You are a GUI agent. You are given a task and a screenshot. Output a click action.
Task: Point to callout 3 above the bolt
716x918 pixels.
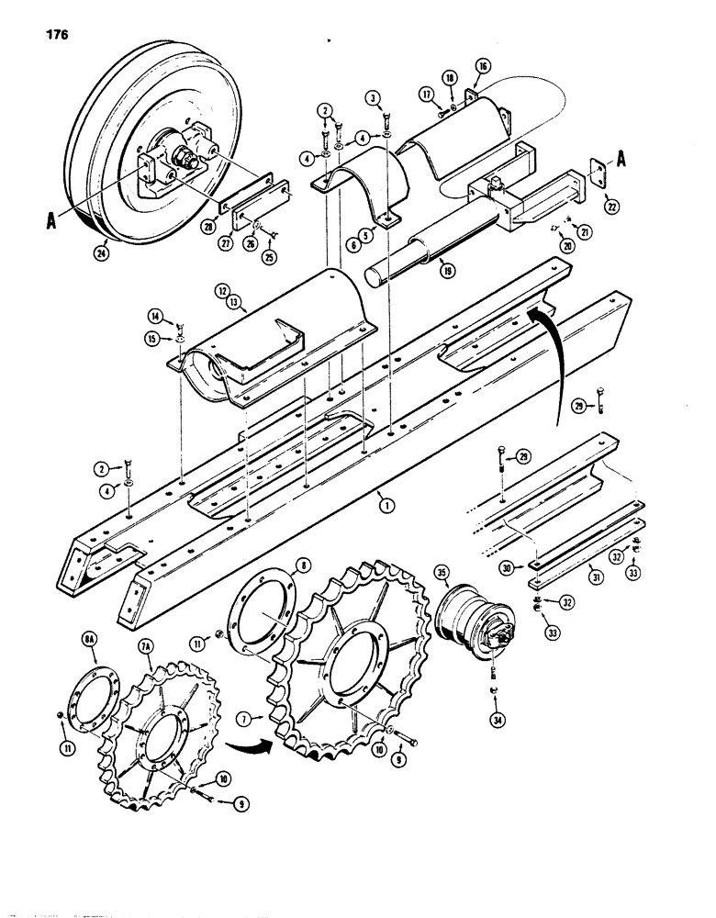[374, 97]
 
